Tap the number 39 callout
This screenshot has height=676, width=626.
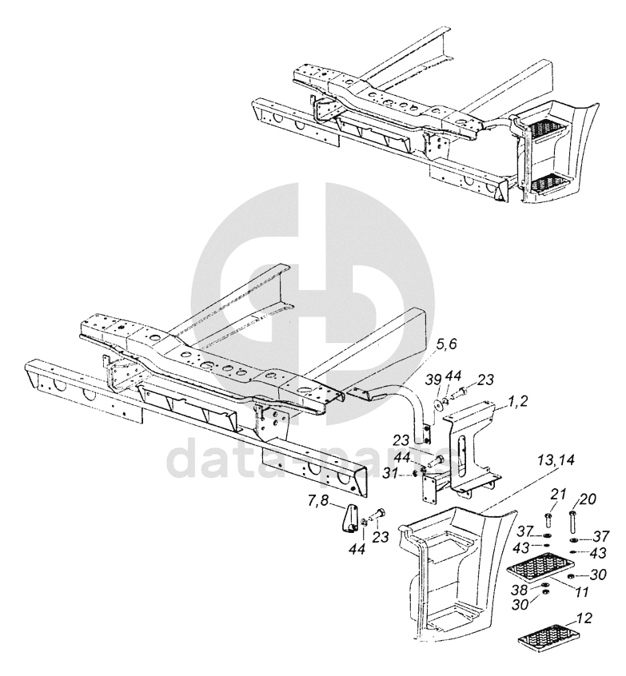[432, 379]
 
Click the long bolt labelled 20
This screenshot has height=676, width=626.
[573, 523]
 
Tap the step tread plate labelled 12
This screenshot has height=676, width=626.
[552, 638]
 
